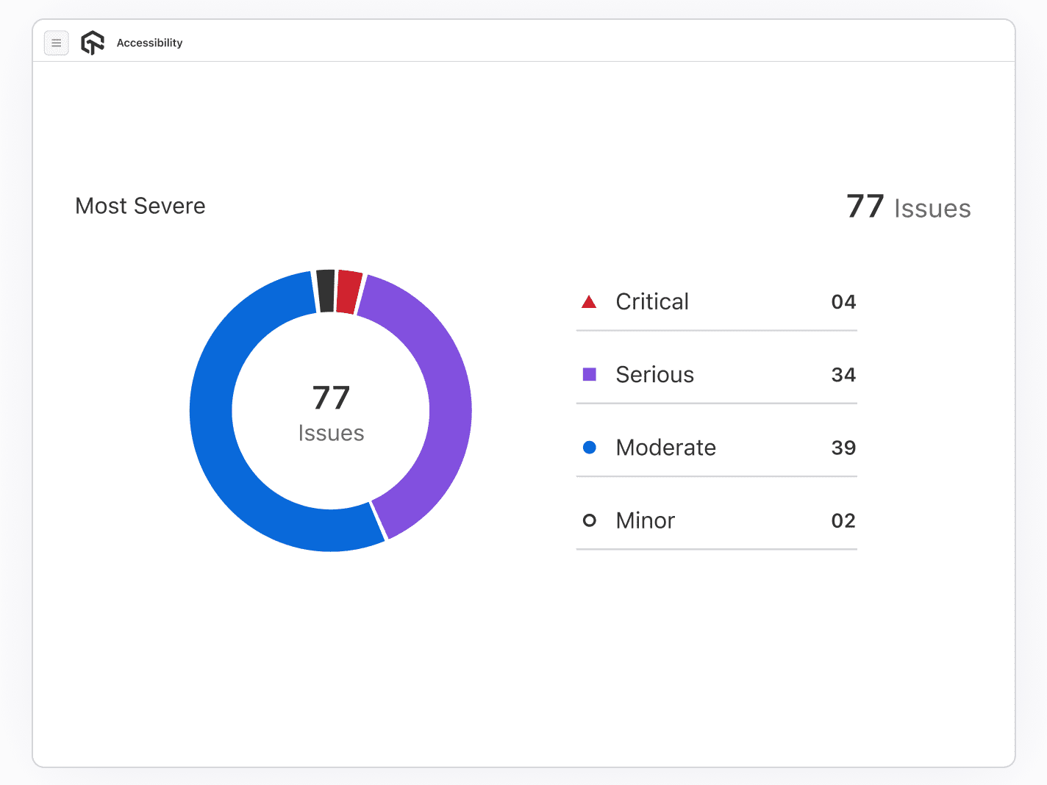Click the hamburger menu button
57,43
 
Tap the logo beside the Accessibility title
93,43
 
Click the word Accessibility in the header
149,43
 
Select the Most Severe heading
140,206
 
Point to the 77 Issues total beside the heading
908,207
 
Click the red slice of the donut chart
349,292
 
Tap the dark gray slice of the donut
326,291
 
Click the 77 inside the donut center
331,398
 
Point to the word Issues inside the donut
331,433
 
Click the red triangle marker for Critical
589,302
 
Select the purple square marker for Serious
589,375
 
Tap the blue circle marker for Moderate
589,448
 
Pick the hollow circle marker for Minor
589,520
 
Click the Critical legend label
652,301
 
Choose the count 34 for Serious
843,375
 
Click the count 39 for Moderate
843,448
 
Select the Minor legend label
645,520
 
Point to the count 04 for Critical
843,302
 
